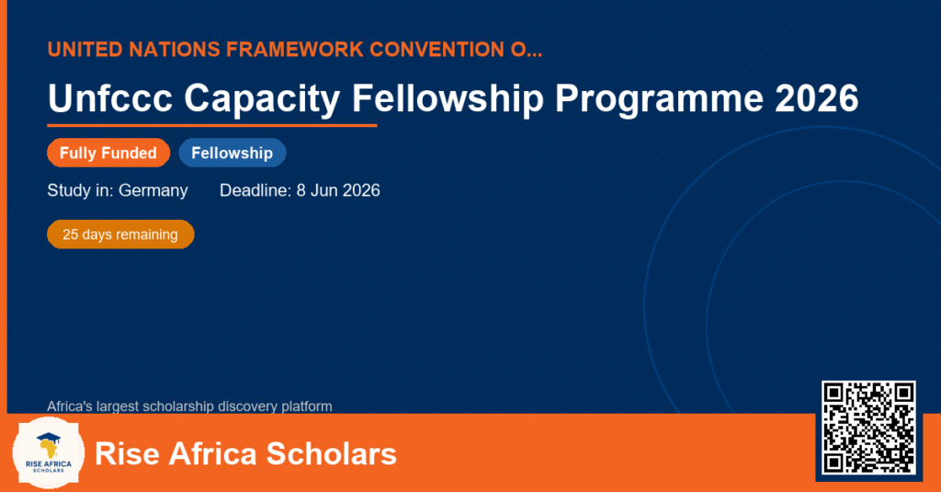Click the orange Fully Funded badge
108,153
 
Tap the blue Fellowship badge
232,153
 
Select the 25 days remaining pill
120,235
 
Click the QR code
868,428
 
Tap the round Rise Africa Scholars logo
49,452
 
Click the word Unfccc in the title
110,97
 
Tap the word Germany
153,191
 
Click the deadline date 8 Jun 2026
338,190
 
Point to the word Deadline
255,190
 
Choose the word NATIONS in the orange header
175,50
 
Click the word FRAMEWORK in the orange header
295,50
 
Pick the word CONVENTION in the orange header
436,50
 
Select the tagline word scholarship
179,406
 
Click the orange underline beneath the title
212,126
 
